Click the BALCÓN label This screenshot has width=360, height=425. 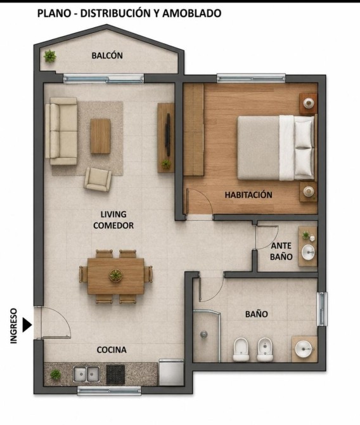[x=107, y=55]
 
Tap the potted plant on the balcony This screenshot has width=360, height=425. [x=50, y=56]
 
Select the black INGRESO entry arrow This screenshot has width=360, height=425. [x=27, y=324]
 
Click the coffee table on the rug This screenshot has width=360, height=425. [x=101, y=136]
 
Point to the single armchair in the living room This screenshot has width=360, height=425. [x=98, y=179]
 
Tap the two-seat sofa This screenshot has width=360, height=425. [x=61, y=131]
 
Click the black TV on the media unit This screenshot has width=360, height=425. [x=168, y=134]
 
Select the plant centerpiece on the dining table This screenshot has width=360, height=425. [x=115, y=275]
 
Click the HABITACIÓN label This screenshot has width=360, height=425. [x=248, y=195]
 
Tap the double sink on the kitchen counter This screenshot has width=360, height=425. [x=86, y=374]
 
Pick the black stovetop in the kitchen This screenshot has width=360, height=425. [x=115, y=374]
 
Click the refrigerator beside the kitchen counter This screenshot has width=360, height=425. [x=171, y=372]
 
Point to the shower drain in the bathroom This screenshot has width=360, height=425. [x=204, y=334]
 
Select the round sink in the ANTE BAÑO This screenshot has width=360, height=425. [x=308, y=252]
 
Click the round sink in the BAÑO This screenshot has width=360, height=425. [x=304, y=349]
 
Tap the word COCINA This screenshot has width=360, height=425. [x=112, y=350]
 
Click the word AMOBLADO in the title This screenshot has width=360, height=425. [x=191, y=13]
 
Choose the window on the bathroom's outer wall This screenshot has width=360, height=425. [x=322, y=309]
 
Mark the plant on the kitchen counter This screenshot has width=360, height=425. [x=56, y=374]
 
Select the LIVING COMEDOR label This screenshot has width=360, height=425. [x=113, y=220]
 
